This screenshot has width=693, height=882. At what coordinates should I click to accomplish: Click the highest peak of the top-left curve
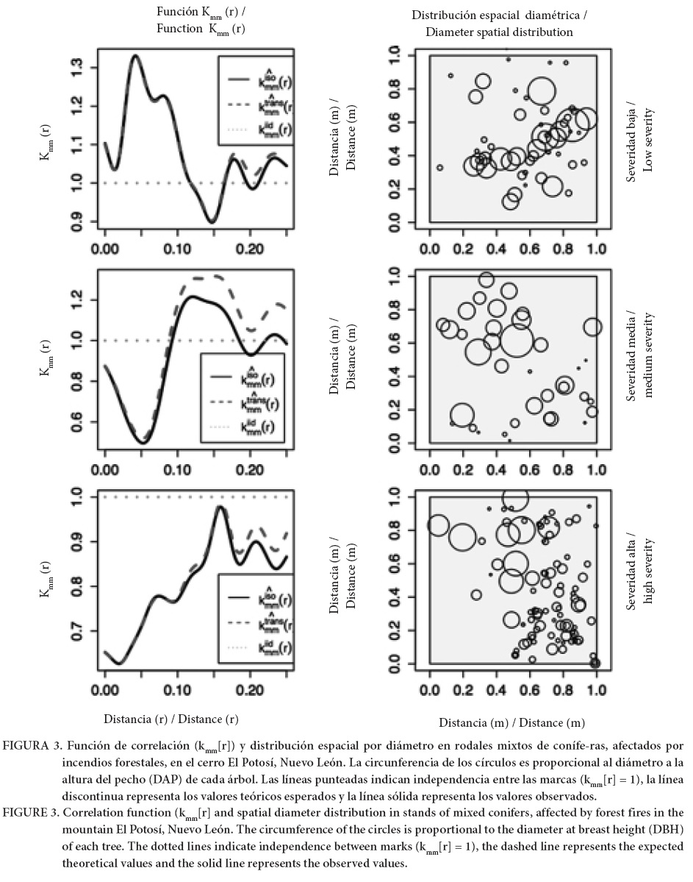(134, 55)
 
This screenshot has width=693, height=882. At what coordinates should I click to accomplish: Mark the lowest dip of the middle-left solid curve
(143, 443)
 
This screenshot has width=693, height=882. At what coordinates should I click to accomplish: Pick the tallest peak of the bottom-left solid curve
(219, 507)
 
